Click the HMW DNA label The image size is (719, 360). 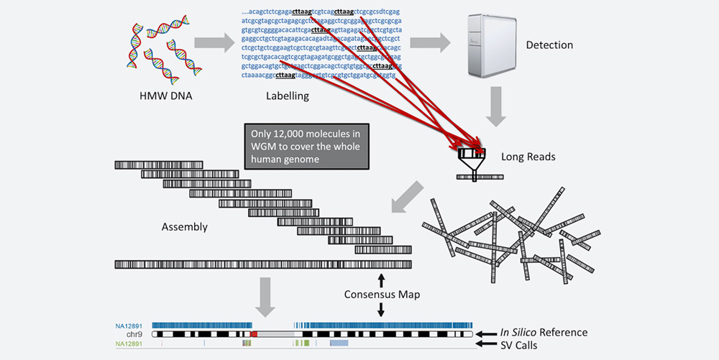click(156, 95)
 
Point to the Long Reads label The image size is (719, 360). click(529, 156)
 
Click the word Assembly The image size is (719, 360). click(184, 227)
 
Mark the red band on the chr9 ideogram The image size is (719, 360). click(254, 334)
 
